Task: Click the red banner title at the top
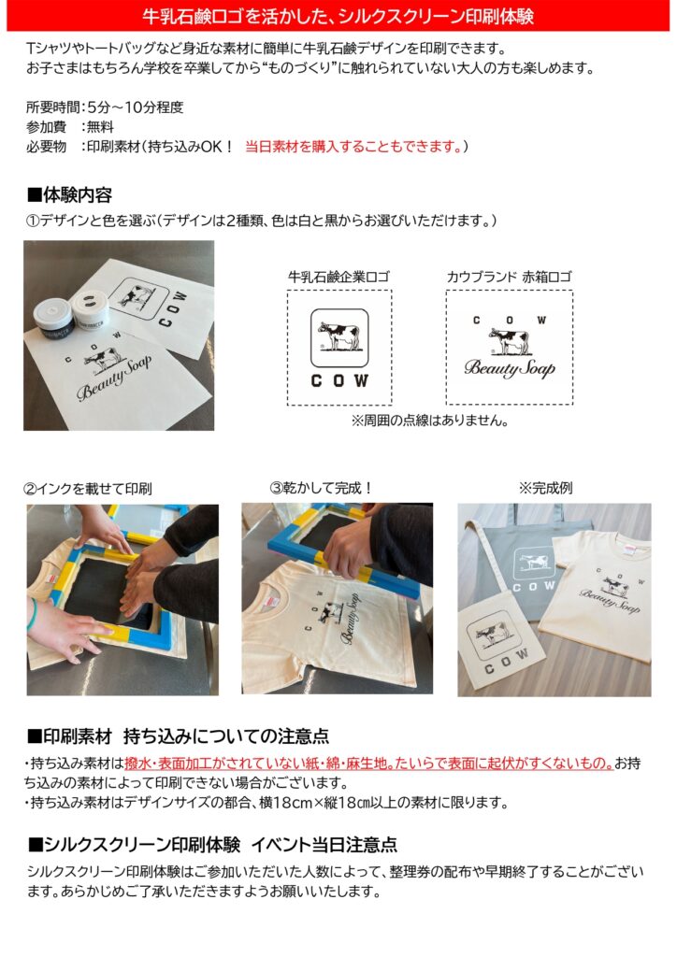(338, 16)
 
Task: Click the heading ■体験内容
(69, 195)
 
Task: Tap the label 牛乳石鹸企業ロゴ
(338, 277)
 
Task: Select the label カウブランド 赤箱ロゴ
(509, 277)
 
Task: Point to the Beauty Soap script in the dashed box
(510, 368)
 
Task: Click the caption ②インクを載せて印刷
(87, 489)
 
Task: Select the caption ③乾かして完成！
(322, 488)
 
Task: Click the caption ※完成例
(545, 488)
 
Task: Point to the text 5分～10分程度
(135, 107)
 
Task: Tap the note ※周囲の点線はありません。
(429, 421)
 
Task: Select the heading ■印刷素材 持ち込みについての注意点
(178, 736)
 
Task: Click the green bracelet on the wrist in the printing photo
(31, 613)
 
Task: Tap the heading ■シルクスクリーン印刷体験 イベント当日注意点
(212, 845)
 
